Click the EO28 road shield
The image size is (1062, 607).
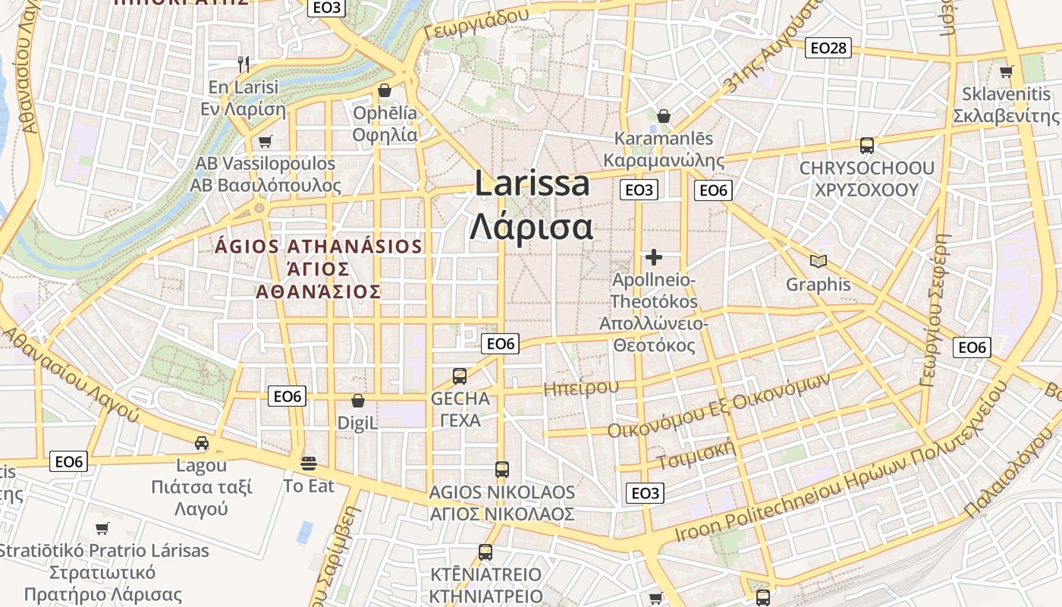pyautogui.click(x=828, y=48)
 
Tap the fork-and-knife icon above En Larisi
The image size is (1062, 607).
pyautogui.click(x=244, y=64)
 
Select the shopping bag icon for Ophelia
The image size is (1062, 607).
pyautogui.click(x=385, y=90)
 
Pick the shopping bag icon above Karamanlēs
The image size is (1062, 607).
pyautogui.click(x=664, y=116)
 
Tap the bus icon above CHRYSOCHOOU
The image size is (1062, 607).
pyautogui.click(x=866, y=145)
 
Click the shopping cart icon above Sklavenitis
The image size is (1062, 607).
pyautogui.click(x=1007, y=71)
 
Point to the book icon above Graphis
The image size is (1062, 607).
pyautogui.click(x=818, y=262)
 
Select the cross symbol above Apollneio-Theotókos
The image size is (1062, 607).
pyautogui.click(x=653, y=257)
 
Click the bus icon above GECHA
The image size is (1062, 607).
pyautogui.click(x=460, y=376)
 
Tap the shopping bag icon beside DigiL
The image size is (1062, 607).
pyautogui.click(x=358, y=401)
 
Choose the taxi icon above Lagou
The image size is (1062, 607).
pyautogui.click(x=201, y=442)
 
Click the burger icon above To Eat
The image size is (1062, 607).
pyautogui.click(x=308, y=463)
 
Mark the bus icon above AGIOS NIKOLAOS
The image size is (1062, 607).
pyautogui.click(x=501, y=469)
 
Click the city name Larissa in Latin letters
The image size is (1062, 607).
pyautogui.click(x=533, y=184)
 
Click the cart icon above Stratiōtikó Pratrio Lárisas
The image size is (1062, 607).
pyautogui.click(x=102, y=528)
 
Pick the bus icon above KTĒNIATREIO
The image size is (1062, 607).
pyautogui.click(x=485, y=552)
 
